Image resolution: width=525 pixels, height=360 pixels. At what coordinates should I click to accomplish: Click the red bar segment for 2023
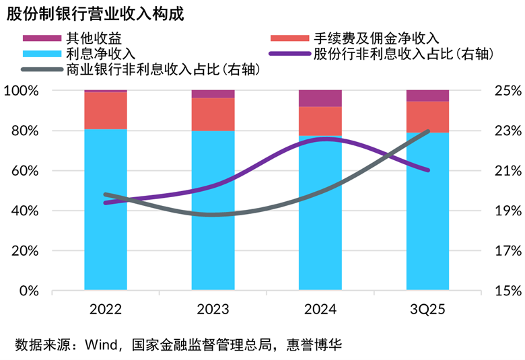click(x=213, y=114)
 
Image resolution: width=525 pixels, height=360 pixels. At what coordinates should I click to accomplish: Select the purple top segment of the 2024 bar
click(x=320, y=98)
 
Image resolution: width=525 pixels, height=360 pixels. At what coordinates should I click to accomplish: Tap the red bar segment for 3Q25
click(x=427, y=117)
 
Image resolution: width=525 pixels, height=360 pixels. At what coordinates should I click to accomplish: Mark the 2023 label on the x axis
click(x=213, y=310)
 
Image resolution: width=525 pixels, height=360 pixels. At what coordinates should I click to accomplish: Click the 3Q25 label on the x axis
click(x=427, y=310)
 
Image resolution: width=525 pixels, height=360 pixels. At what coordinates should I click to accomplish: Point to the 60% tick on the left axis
click(x=27, y=171)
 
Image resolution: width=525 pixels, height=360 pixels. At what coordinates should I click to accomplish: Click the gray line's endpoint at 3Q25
click(x=428, y=131)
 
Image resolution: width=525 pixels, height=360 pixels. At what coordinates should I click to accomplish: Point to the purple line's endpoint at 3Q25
click(x=428, y=170)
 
